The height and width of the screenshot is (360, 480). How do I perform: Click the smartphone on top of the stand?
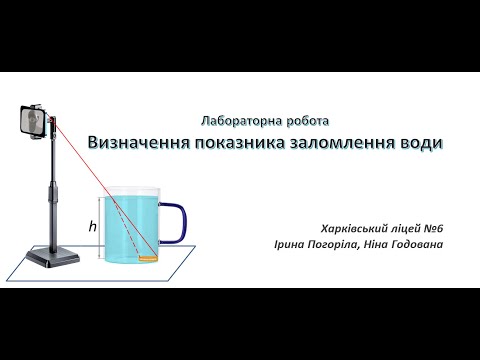(34, 122)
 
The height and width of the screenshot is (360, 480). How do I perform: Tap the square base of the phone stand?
(51, 258)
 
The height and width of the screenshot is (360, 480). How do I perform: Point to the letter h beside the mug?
(92, 227)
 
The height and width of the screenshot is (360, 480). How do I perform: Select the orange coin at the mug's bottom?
(149, 259)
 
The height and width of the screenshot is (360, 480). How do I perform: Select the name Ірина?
(289, 244)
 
